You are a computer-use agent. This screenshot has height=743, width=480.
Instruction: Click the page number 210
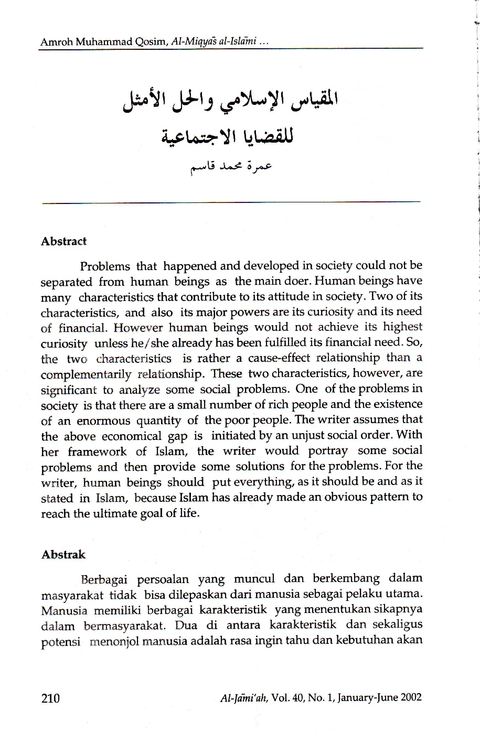[50, 698]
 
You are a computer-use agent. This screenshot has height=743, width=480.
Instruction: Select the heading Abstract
[63, 242]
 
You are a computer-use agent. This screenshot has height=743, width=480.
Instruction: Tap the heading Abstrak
[63, 555]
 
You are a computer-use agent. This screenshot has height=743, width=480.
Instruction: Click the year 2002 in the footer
[410, 698]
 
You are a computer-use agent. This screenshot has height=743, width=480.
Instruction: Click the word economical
[131, 436]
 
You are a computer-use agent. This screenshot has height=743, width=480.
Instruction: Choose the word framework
[104, 451]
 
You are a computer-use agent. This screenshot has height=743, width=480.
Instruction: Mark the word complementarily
[86, 374]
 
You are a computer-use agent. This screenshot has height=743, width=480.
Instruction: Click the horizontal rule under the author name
[231, 201]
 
